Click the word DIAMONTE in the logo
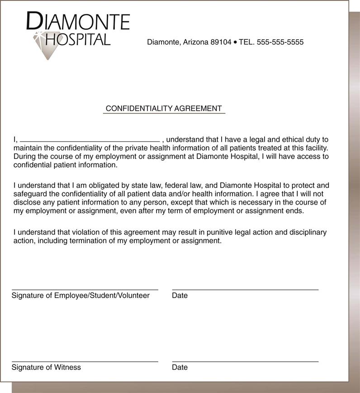click(78, 21)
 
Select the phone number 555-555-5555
click(280, 42)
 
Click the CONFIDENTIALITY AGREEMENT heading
click(164, 108)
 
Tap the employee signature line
click(85, 289)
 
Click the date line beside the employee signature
click(245, 289)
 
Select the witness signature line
click(85, 361)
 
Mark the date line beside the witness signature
click(245, 361)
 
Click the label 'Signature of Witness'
click(46, 367)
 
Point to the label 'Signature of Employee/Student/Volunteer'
click(81, 295)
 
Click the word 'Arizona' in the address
click(196, 42)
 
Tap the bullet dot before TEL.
click(235, 42)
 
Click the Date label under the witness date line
click(180, 367)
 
